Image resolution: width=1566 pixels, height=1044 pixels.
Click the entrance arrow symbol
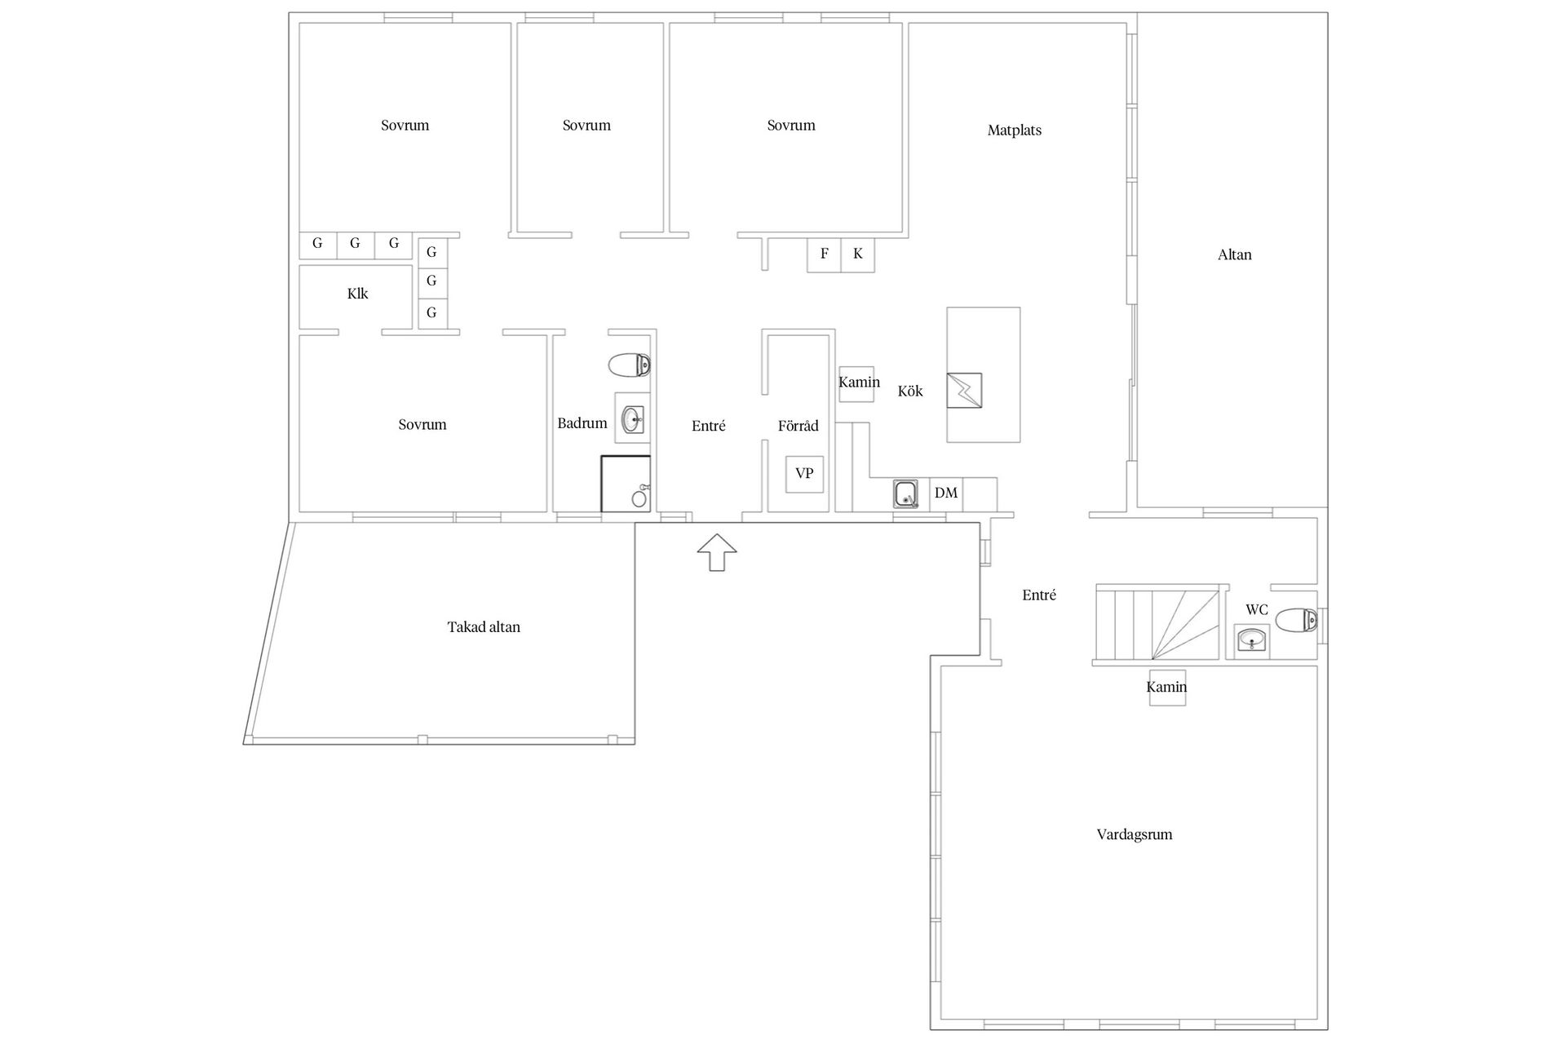[x=717, y=552]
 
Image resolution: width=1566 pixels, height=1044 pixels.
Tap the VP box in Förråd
[x=804, y=474]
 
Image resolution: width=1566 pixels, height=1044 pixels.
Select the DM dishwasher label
[x=946, y=493]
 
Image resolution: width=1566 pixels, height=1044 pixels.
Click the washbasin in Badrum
[x=633, y=421]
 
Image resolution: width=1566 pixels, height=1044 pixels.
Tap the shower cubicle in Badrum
[x=626, y=484]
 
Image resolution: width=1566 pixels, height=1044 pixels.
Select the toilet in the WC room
[x=1296, y=621]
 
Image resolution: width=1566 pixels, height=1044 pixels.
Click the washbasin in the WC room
[x=1252, y=639]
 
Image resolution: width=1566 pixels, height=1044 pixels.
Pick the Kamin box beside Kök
[x=857, y=383]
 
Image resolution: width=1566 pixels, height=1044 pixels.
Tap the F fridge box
[x=824, y=254]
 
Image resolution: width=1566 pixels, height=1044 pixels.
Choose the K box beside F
[x=858, y=254]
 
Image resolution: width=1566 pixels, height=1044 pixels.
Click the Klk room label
[x=357, y=294]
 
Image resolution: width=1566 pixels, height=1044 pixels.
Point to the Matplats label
[x=1015, y=130]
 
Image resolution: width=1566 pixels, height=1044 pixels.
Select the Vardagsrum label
[x=1135, y=834]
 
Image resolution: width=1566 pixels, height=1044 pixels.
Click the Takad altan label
[x=484, y=627]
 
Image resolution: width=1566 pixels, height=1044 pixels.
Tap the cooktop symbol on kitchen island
[x=964, y=391]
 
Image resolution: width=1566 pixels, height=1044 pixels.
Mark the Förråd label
[x=798, y=425]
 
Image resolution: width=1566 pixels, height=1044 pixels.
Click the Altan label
[x=1235, y=254]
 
